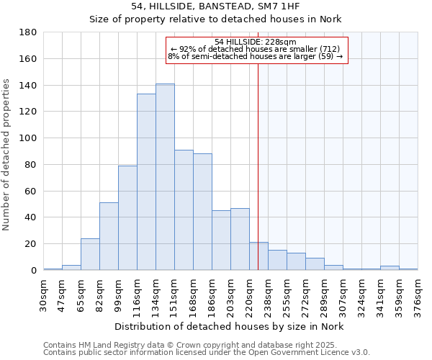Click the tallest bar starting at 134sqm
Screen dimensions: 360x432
tap(165, 177)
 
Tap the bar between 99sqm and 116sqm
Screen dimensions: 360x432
tap(127, 218)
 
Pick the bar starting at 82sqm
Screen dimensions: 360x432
tap(109, 236)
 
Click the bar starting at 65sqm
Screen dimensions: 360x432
tap(90, 254)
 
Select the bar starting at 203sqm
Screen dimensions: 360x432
tap(240, 239)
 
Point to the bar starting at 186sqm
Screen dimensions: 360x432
tap(221, 240)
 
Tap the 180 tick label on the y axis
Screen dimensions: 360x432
tap(28, 32)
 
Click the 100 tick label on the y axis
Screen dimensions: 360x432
tap(28, 138)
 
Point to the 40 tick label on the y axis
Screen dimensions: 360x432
tap(31, 217)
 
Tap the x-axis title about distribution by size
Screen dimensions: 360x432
tap(230, 327)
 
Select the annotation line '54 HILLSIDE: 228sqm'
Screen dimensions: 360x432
tap(256, 42)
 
